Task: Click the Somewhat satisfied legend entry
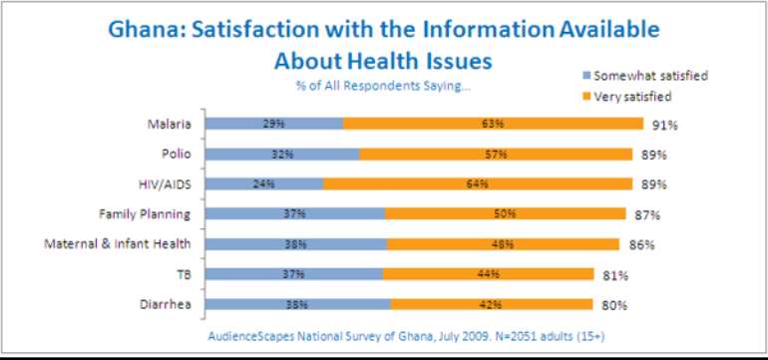(x=643, y=76)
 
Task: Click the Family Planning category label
(x=145, y=213)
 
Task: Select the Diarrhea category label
(x=167, y=302)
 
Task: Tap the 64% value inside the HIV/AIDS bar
(x=476, y=183)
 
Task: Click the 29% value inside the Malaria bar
(x=274, y=125)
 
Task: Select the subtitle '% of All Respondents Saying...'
(x=383, y=85)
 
